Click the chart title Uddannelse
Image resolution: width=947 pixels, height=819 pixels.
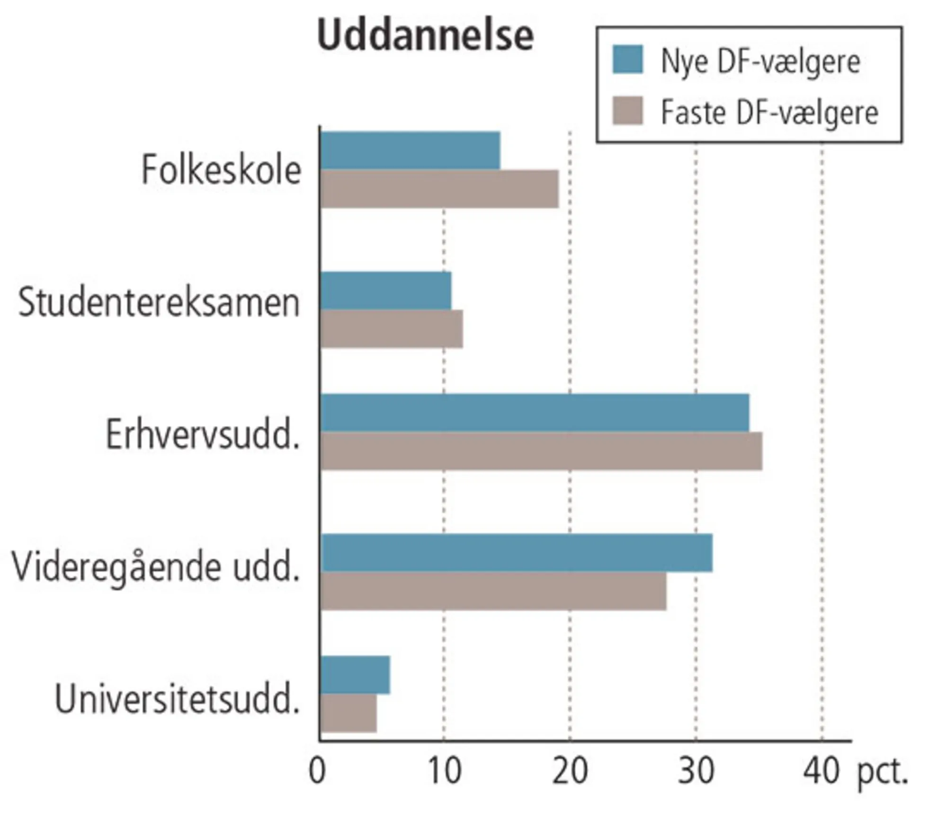425,35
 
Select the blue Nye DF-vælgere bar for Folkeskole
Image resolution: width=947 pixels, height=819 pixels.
410,150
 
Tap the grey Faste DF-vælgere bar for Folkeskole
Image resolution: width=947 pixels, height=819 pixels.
439,189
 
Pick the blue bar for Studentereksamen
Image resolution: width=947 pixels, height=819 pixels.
386,291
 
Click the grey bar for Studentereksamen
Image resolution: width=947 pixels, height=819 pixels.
392,329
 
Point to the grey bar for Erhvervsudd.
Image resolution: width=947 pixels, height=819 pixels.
541,451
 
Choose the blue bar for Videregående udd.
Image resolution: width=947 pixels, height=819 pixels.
517,553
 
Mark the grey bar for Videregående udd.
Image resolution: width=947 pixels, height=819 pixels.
493,591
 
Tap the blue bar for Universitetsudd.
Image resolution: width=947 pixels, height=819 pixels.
355,675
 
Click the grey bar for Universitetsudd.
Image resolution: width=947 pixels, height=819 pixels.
348,713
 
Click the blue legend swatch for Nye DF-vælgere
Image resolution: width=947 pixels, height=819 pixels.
627,60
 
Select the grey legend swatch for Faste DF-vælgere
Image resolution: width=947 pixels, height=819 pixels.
627,111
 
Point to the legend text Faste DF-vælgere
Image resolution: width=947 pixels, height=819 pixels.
769,113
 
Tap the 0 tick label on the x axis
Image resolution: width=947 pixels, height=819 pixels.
317,771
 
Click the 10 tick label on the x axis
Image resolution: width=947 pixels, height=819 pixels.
444,771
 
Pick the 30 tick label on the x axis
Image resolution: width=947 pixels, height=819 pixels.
696,771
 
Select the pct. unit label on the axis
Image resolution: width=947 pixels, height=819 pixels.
882,773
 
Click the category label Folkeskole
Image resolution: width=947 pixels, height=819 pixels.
221,169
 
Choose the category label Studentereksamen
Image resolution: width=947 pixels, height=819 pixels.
159,302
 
